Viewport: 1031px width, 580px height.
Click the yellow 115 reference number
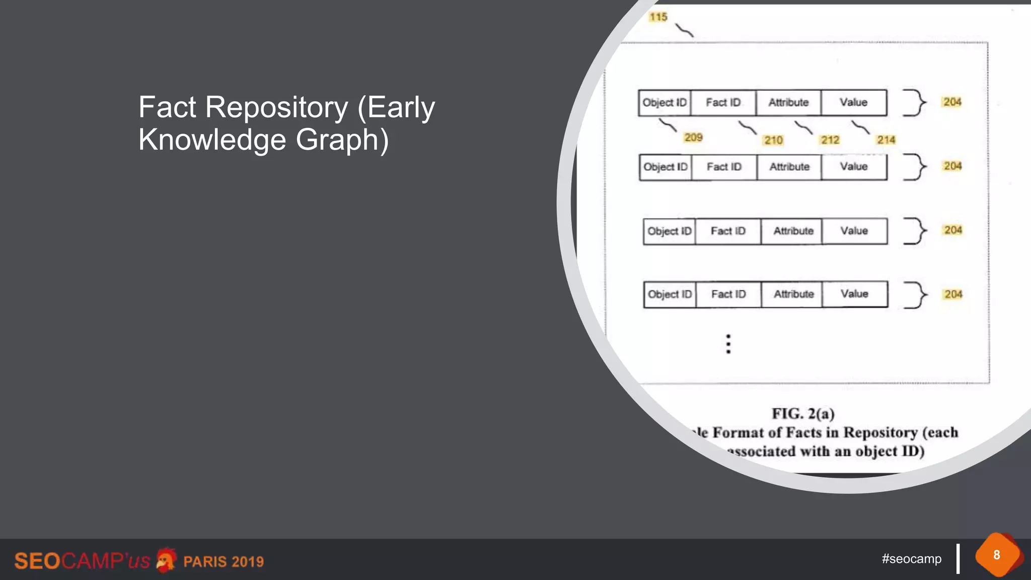pos(658,17)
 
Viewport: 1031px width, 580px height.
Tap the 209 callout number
pos(693,137)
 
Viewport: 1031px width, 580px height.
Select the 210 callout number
pos(773,140)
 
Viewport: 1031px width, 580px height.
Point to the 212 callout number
pos(830,140)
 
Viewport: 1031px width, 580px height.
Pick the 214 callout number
pos(886,140)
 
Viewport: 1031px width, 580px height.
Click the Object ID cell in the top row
pos(665,103)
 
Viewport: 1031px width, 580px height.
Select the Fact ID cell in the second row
pos(724,167)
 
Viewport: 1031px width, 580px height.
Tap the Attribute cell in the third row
pos(793,231)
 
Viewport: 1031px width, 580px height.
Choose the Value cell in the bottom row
pos(854,294)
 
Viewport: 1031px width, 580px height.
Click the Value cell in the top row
pos(853,103)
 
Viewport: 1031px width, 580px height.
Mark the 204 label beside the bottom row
pos(953,295)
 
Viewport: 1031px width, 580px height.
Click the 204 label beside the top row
pos(952,102)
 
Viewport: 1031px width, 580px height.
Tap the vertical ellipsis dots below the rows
pos(728,344)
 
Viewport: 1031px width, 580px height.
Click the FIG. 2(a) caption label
pos(803,414)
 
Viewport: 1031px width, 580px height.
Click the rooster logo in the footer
pos(166,560)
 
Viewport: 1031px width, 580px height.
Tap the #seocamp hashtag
pos(911,559)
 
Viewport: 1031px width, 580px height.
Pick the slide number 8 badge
pos(997,555)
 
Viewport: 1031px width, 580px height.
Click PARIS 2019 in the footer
pos(224,561)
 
